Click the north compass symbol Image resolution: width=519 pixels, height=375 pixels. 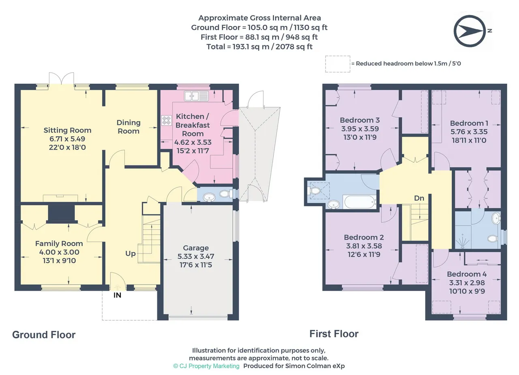(470, 31)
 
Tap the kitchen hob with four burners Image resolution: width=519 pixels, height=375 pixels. (166, 120)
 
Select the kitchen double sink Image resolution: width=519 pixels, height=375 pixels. (196, 96)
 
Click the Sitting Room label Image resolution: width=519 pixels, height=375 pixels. (67, 130)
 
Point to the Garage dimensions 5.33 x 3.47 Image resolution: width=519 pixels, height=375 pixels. (196, 256)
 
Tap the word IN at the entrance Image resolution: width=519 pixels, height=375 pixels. (117, 295)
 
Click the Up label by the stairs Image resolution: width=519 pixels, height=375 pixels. (131, 254)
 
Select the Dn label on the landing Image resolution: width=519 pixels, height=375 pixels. (419, 198)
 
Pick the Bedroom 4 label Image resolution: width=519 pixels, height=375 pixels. (467, 274)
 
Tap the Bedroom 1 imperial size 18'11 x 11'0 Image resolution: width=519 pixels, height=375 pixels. (469, 140)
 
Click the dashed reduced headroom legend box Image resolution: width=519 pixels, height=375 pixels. (338, 64)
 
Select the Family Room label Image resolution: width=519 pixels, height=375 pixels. (59, 243)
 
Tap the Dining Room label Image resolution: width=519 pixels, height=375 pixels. (129, 127)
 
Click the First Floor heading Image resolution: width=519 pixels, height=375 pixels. (334, 334)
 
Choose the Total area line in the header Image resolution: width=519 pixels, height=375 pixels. (259, 47)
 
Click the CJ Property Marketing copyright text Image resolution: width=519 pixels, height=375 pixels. (206, 366)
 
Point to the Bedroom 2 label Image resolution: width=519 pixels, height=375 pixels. (364, 237)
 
